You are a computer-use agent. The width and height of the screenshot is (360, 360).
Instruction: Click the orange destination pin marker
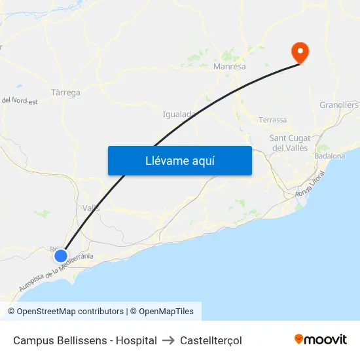coord(300,52)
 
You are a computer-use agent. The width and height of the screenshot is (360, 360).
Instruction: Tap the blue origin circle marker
coord(61,255)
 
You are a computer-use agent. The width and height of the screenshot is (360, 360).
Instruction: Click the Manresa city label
coord(230,67)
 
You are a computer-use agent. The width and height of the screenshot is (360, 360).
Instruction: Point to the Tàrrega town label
coord(65,92)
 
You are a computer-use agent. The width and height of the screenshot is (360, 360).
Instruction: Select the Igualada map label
coord(179,114)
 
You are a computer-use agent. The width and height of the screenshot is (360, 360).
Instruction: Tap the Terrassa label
coord(273,120)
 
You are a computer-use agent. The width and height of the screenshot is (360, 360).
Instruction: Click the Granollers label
coord(339,105)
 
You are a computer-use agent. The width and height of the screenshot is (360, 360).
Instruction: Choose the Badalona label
coord(329,156)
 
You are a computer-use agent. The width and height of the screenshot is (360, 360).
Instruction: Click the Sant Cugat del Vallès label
coord(291,143)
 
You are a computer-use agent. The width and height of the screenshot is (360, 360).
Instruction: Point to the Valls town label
coord(91,208)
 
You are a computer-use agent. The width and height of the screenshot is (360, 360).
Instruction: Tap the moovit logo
coord(321,339)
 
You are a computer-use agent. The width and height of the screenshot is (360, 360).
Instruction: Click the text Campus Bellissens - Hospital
coord(85,340)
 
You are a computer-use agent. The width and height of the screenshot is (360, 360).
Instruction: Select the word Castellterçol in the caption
coord(211,340)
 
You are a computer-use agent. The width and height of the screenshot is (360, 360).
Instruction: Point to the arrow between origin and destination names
coord(168,340)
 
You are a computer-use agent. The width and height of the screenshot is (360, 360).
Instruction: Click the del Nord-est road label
coord(19,101)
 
